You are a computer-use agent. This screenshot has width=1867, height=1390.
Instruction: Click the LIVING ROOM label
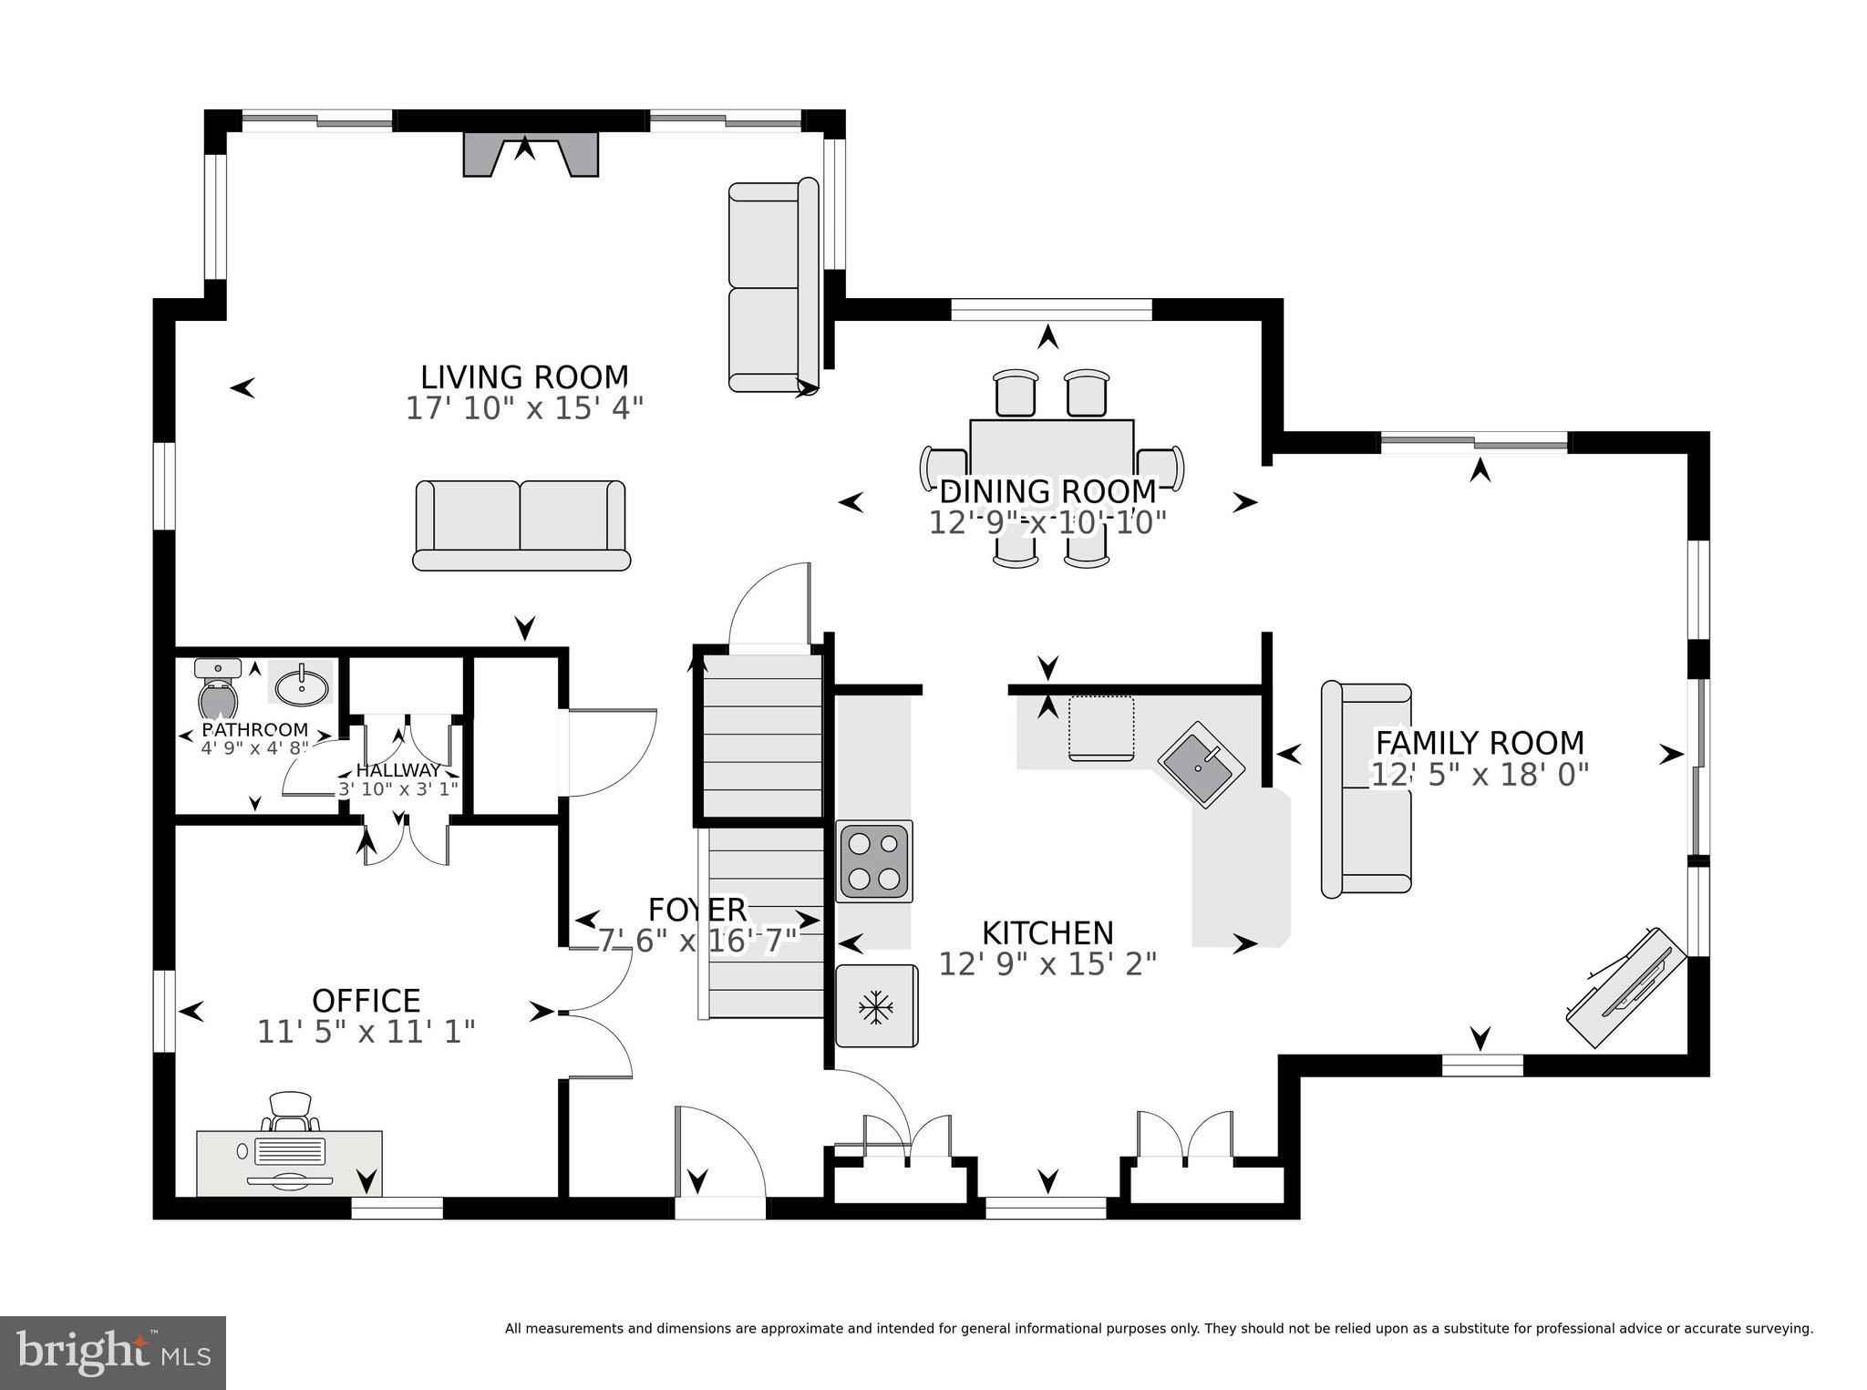524,376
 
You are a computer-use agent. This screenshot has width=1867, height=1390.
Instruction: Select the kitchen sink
1201,764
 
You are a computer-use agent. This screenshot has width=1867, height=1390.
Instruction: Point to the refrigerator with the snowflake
876,1006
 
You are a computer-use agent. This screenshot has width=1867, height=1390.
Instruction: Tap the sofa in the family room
1366,788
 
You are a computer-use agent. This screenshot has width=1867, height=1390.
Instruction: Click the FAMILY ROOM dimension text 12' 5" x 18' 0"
1480,775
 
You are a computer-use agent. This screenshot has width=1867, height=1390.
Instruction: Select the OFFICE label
366,1000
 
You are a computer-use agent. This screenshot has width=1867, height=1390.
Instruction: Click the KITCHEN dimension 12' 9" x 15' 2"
1047,963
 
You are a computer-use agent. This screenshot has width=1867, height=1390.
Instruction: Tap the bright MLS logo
113,1353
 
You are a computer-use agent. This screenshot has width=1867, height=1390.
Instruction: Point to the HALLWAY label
398,770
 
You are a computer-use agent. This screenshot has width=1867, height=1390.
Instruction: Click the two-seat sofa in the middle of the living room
521,525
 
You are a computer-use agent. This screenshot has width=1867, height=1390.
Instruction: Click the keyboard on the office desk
290,1150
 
